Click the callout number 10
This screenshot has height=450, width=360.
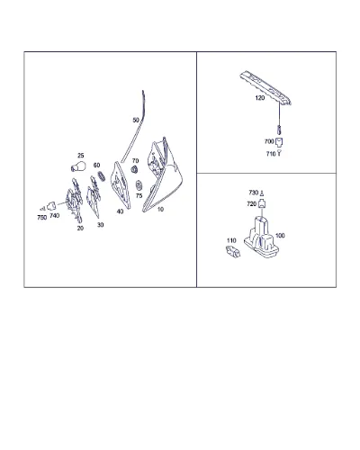[x=160, y=209]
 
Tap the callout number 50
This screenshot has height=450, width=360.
[x=136, y=120]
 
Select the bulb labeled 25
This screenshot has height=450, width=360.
[x=78, y=166]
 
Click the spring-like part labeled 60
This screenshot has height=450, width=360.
[x=102, y=175]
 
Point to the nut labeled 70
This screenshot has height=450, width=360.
[x=135, y=169]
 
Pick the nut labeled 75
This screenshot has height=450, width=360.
[x=139, y=185]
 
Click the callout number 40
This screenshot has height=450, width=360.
[x=120, y=211]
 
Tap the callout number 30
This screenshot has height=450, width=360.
[x=100, y=225]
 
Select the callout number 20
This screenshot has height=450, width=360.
[x=80, y=229]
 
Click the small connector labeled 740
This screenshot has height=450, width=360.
[x=51, y=206]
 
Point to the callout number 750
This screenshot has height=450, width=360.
[x=42, y=217]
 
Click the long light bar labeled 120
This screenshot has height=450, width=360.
[x=265, y=88]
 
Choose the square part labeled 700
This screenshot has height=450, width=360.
[x=279, y=141]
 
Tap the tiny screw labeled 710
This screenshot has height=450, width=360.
[x=279, y=153]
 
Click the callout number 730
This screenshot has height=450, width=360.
[x=254, y=193]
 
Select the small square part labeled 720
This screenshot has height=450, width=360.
[x=262, y=204]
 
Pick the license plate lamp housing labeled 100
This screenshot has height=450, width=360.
[x=261, y=237]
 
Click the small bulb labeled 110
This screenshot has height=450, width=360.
[x=233, y=251]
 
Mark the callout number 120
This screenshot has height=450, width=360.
[x=260, y=98]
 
